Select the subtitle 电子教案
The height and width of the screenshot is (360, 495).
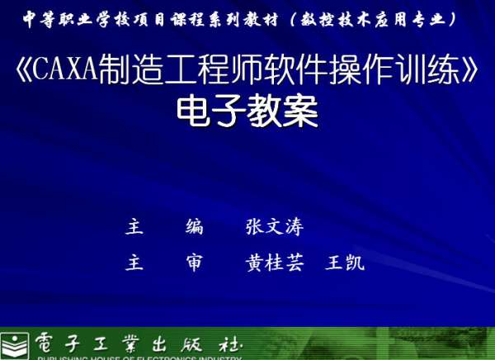247,112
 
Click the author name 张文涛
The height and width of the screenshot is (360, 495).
273,227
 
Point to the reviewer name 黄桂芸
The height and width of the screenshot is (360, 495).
274,263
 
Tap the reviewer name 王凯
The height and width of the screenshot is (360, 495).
345,263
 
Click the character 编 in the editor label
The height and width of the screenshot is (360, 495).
194,227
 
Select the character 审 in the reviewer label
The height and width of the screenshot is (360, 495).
194,263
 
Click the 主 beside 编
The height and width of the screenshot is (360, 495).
134,227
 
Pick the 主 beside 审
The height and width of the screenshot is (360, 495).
134,263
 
